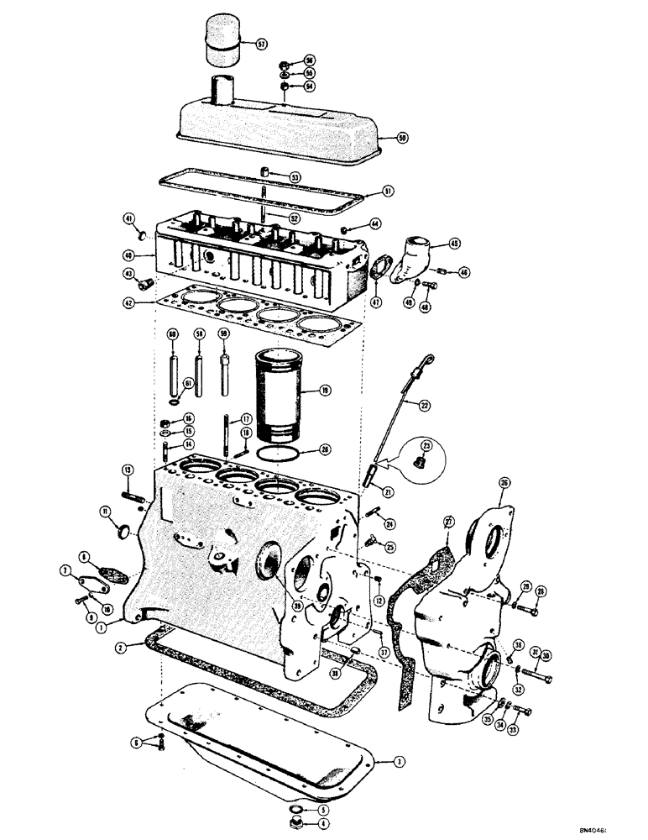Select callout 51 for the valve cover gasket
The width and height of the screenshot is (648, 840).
(388, 192)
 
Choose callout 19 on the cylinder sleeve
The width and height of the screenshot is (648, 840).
(324, 390)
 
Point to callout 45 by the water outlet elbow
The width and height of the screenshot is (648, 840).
(454, 244)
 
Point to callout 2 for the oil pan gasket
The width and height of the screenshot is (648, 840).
(123, 647)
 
